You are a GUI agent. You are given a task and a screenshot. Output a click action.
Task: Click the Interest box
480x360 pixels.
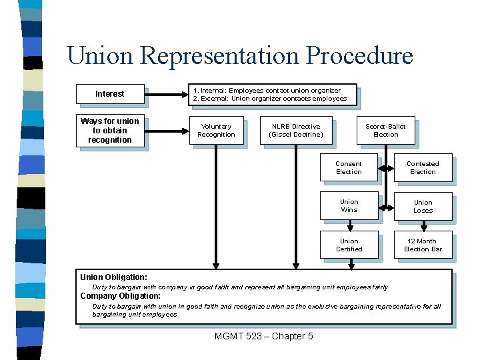tap(109, 94)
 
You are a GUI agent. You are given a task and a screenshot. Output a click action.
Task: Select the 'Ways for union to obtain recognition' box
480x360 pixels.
tap(109, 131)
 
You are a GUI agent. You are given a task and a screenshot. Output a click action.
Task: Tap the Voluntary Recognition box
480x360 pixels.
tap(216, 130)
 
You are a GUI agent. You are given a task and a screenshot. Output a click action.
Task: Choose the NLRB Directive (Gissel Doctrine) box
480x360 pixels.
tap(295, 130)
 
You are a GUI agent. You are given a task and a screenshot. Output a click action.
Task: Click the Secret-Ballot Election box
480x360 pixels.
tap(385, 130)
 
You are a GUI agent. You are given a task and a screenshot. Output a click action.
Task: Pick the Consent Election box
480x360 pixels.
tap(349, 167)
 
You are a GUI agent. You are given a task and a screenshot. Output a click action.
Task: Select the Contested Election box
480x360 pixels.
tap(423, 167)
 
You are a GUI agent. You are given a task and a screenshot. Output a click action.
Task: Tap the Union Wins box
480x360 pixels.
tap(349, 206)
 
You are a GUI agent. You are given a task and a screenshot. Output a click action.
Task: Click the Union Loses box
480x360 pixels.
tap(423, 206)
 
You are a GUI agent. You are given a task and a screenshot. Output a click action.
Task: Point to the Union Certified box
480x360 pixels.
tap(349, 245)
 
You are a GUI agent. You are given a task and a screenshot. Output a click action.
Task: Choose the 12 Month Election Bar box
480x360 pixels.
tap(423, 245)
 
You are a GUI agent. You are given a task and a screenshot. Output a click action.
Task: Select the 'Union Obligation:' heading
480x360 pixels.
tap(113, 277)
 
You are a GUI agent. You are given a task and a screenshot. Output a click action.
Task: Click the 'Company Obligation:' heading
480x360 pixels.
tap(120, 296)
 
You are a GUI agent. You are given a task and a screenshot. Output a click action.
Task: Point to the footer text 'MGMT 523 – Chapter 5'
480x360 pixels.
tap(263, 336)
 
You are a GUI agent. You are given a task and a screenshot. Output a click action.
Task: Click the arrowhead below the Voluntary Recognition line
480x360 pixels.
tap(216, 265)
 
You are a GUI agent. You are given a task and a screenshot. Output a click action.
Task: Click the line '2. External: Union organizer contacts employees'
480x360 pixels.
tap(269, 99)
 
